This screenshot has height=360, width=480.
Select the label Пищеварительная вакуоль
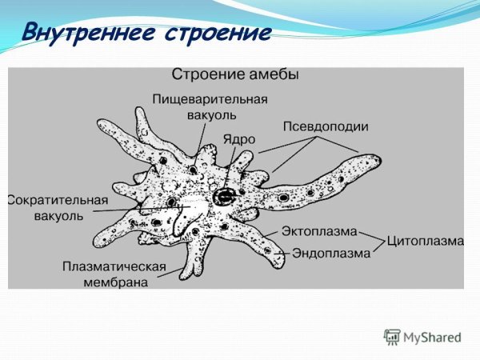tap(211, 106)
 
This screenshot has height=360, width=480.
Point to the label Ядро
tap(239, 138)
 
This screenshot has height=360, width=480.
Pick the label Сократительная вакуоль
tap(46, 207)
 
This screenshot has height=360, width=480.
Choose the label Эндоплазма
tap(330, 253)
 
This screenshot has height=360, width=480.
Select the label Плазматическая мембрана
tap(114, 273)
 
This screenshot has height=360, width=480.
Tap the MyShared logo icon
tap(391, 337)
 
